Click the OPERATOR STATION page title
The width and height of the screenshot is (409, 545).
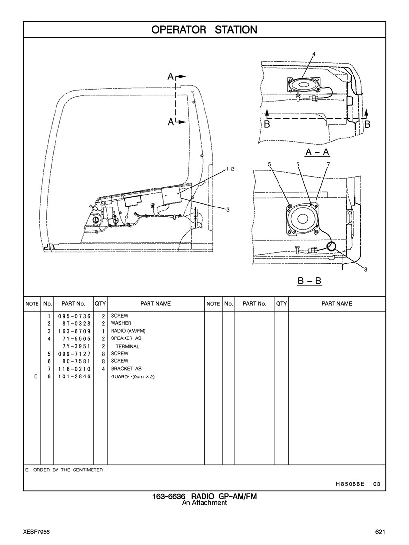tap(204, 30)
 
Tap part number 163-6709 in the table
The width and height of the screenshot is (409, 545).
tap(74, 331)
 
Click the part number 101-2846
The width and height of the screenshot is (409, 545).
tap(74, 376)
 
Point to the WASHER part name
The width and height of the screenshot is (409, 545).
tap(121, 323)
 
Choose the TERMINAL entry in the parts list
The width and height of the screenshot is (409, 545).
tap(127, 346)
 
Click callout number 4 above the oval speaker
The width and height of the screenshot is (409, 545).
tap(314, 54)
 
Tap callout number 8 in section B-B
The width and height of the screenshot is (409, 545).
tap(366, 269)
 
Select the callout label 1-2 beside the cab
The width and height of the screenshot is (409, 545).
tap(230, 169)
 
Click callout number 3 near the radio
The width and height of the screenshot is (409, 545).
tap(228, 209)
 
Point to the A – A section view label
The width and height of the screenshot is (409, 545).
tap(317, 152)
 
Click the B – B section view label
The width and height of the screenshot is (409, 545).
tap(310, 281)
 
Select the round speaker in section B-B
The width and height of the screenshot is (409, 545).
tap(302, 219)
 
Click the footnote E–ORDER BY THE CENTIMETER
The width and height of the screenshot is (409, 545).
tap(64, 470)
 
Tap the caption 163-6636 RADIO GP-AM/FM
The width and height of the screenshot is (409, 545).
tap(204, 496)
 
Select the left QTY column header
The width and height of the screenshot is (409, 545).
tap(100, 304)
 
